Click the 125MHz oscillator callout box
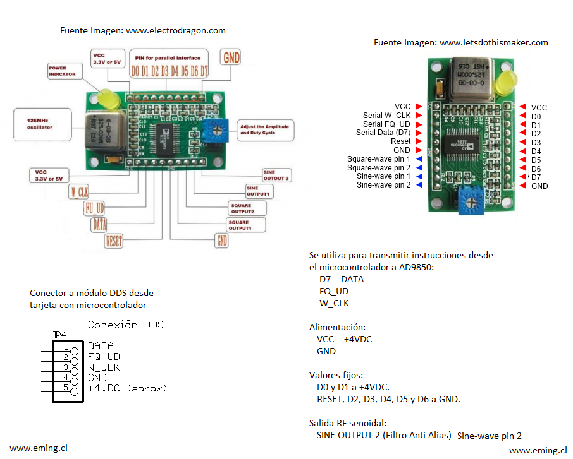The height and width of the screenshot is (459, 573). click(37, 123)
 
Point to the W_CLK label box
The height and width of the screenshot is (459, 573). click(79, 191)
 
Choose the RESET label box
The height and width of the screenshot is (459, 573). click(114, 241)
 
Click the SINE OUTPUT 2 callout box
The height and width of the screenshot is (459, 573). click(276, 175)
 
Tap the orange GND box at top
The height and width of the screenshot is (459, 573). click(231, 57)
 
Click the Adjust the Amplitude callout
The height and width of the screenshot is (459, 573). click(263, 130)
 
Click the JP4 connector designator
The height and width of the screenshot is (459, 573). click(59, 335)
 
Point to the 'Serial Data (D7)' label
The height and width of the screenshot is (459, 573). click(383, 133)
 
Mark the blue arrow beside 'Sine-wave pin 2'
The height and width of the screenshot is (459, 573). click(418, 185)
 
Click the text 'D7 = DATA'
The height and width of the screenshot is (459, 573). click(342, 279)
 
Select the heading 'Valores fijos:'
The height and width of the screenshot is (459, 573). click(336, 374)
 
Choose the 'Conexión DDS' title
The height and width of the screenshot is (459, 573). click(125, 325)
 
